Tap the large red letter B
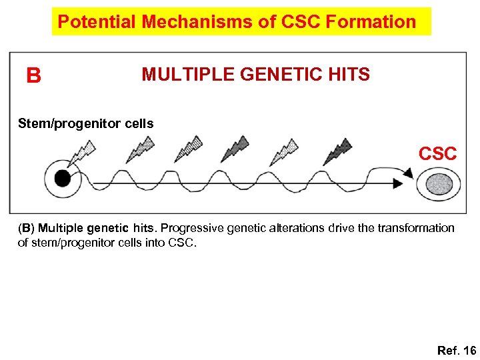(33, 76)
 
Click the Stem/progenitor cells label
(86, 124)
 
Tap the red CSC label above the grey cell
(437, 154)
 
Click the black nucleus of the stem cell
(63, 178)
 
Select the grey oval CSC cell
(439, 183)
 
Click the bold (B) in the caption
(25, 228)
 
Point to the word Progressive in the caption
(194, 228)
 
